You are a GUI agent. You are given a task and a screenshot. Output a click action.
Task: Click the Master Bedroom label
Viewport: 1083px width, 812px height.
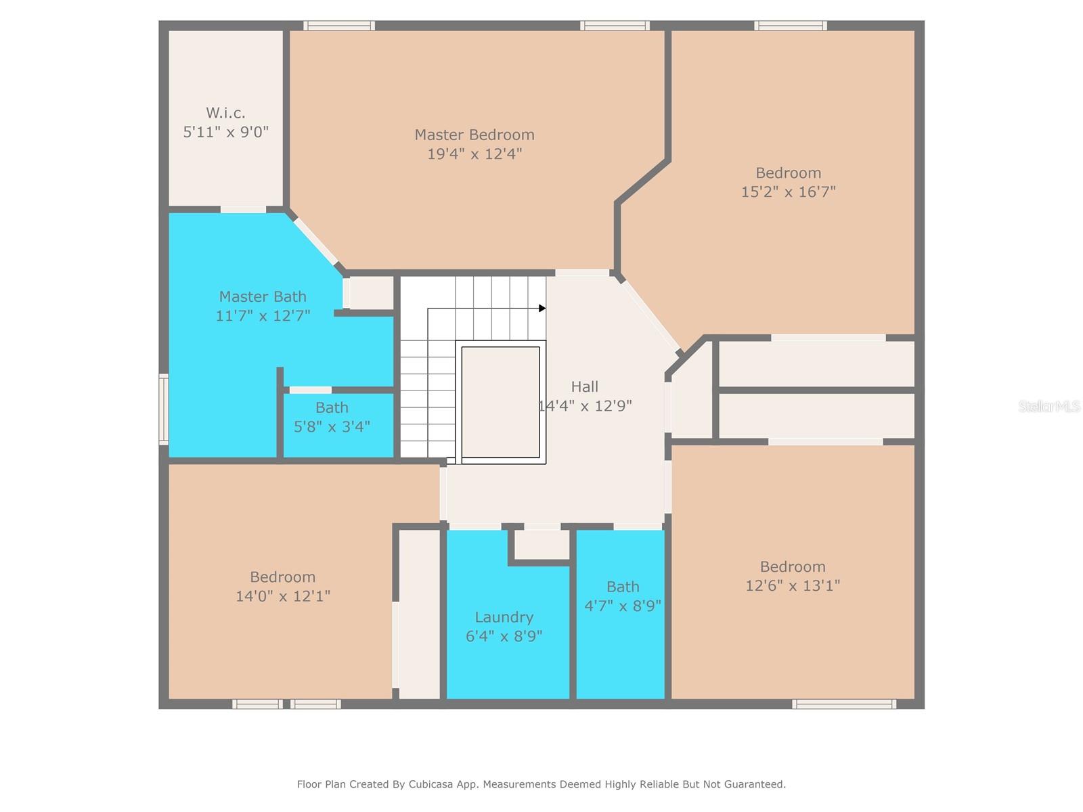pyautogui.click(x=474, y=135)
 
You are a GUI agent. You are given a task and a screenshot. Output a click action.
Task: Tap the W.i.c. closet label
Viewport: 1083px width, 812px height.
pyautogui.click(x=225, y=113)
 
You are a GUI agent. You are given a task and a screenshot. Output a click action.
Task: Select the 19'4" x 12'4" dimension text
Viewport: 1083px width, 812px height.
pyautogui.click(x=474, y=154)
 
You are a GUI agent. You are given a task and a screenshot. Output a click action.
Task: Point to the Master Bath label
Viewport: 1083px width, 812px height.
pyautogui.click(x=263, y=296)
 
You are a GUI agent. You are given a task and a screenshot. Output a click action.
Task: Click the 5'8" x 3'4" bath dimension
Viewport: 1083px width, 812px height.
pyautogui.click(x=332, y=426)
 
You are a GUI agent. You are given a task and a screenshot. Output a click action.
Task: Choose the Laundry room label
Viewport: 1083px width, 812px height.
pyautogui.click(x=504, y=617)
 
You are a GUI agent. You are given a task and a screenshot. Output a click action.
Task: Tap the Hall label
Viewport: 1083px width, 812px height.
pyautogui.click(x=585, y=386)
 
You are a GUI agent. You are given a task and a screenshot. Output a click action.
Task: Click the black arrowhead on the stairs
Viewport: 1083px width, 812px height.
pyautogui.click(x=542, y=308)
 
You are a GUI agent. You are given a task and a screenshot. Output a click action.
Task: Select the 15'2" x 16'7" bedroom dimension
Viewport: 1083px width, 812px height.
pyautogui.click(x=788, y=191)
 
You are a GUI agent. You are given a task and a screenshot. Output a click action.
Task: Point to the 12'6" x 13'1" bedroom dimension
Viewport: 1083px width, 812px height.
pyautogui.click(x=793, y=586)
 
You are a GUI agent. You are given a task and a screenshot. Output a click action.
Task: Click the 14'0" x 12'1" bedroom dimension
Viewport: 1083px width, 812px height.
pyautogui.click(x=283, y=596)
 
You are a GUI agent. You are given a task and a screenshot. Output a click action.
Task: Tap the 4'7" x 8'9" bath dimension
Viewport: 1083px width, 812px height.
pyautogui.click(x=623, y=606)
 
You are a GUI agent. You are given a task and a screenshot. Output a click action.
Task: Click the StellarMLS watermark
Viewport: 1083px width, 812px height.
pyautogui.click(x=1049, y=406)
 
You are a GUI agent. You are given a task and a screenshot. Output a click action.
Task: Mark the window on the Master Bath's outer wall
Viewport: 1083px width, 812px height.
pyautogui.click(x=163, y=409)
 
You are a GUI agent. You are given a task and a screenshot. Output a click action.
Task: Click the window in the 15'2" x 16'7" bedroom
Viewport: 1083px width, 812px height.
pyautogui.click(x=791, y=26)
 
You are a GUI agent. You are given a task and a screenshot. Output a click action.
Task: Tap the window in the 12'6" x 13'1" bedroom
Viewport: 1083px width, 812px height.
pyautogui.click(x=844, y=704)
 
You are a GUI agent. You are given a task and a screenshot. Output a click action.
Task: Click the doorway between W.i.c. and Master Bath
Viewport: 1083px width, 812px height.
pyautogui.click(x=243, y=210)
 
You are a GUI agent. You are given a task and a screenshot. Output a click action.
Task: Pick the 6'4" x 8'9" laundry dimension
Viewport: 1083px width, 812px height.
pyautogui.click(x=504, y=636)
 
